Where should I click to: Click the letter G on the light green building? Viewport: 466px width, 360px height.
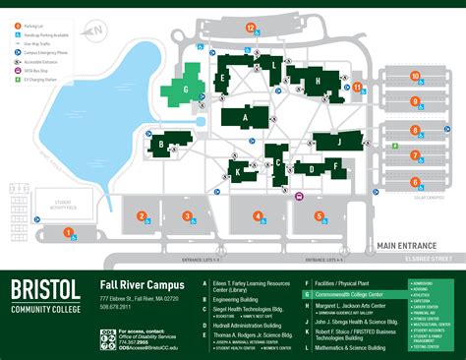tap(186, 89)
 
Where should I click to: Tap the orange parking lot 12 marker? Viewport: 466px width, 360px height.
tap(251, 29)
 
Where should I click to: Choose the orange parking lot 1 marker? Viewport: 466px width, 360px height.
tap(68, 233)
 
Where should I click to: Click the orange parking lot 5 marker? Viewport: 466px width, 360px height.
tap(319, 214)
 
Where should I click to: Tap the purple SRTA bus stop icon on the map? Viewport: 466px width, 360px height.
tap(298, 195)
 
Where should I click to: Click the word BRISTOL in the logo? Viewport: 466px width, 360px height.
tap(46, 289)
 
